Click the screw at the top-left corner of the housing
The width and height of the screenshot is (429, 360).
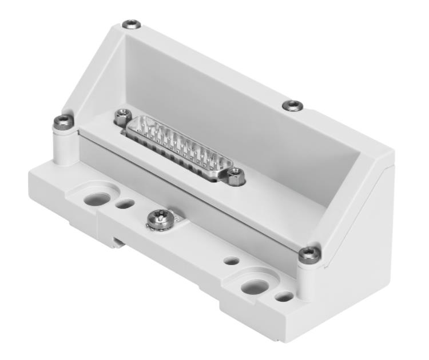pos(132,25)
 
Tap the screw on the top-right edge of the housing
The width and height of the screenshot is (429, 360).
pos(293,105)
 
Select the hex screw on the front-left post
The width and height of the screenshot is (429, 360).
pos(62,121)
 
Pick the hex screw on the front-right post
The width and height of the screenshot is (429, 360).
pos(310,253)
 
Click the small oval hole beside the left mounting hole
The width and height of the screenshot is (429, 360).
pos(125,203)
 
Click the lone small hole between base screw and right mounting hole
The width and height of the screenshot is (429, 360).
pos(232,261)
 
